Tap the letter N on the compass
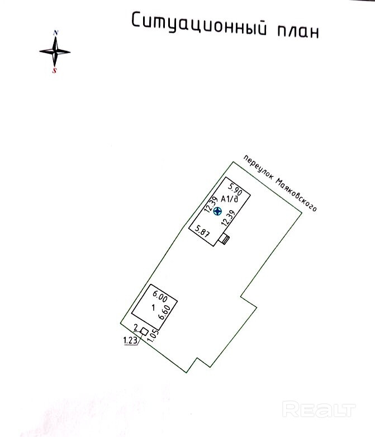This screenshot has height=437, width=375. point(55,33)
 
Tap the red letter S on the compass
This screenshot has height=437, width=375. point(55,71)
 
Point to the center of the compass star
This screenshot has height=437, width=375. point(55,51)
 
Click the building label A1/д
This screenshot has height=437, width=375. point(230,199)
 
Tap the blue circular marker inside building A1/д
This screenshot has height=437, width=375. point(219,211)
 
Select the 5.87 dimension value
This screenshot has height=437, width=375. point(201,230)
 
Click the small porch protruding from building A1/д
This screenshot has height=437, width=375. point(225,239)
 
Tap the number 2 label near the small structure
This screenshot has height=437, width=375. point(136,327)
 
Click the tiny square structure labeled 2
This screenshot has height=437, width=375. point(144,332)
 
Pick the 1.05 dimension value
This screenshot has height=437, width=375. point(154,336)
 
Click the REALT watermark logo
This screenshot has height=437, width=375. point(319,410)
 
